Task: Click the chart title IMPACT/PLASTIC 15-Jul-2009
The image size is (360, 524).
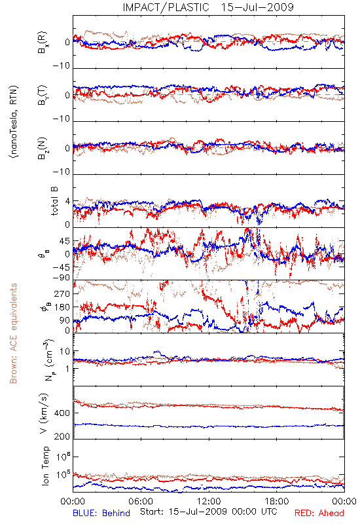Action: (208, 7)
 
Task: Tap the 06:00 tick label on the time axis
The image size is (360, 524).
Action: (141, 501)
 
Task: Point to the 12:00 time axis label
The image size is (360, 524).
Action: (209, 501)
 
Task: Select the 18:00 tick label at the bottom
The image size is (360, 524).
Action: (277, 501)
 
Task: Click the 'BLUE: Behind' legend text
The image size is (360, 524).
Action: (101, 513)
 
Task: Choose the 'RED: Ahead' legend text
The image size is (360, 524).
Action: (319, 513)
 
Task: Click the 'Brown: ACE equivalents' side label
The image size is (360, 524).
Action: (13, 333)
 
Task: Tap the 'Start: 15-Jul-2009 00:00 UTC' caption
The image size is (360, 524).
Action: (208, 512)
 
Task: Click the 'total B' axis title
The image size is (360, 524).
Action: (54, 201)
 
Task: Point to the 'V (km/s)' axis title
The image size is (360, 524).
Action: (44, 413)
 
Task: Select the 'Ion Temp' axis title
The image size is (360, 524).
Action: (45, 466)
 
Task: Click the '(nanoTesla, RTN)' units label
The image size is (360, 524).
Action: (14, 122)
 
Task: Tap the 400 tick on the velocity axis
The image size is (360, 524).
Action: (62, 413)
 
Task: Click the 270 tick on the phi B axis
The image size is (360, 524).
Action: (62, 293)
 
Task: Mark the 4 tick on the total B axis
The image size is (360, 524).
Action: (68, 202)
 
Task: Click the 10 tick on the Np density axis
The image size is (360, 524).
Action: (65, 351)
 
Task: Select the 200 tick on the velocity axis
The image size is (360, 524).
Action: (62, 436)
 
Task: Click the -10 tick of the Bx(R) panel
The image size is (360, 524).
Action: (62, 66)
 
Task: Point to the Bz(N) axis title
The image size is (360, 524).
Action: (43, 147)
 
